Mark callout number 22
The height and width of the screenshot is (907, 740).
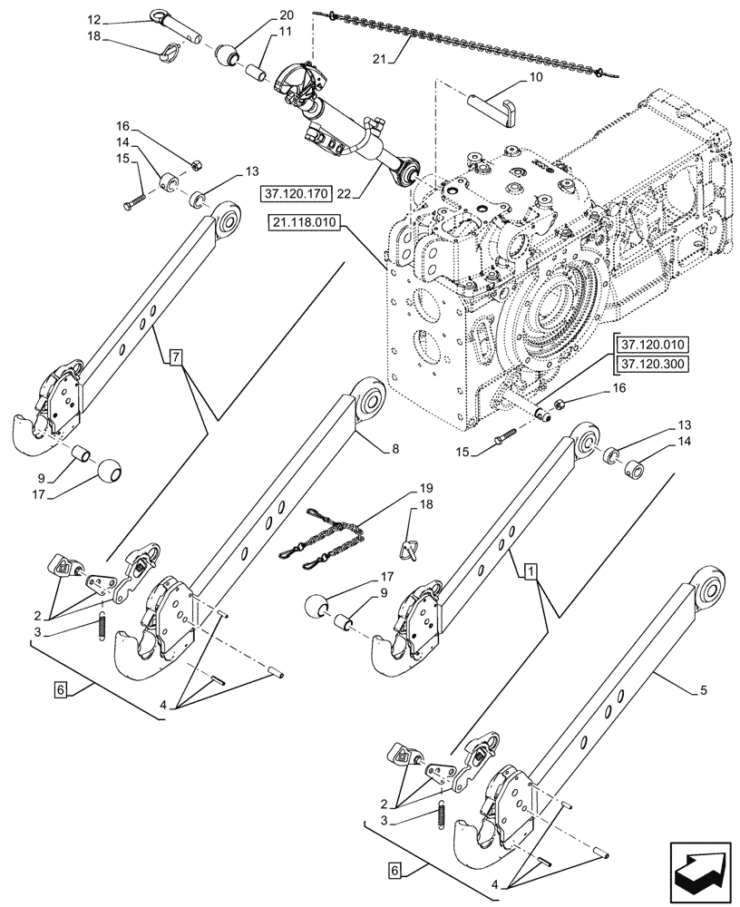[x=356, y=193]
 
